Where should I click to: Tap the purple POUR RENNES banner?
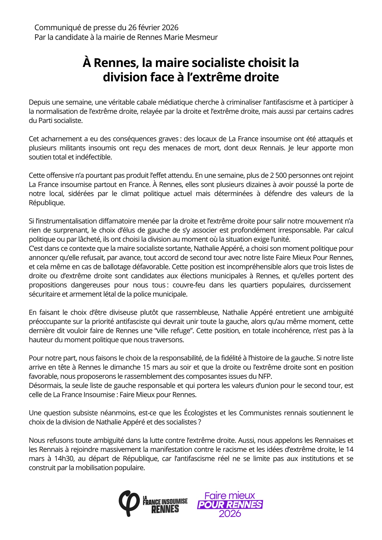230,504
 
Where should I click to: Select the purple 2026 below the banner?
230,514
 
